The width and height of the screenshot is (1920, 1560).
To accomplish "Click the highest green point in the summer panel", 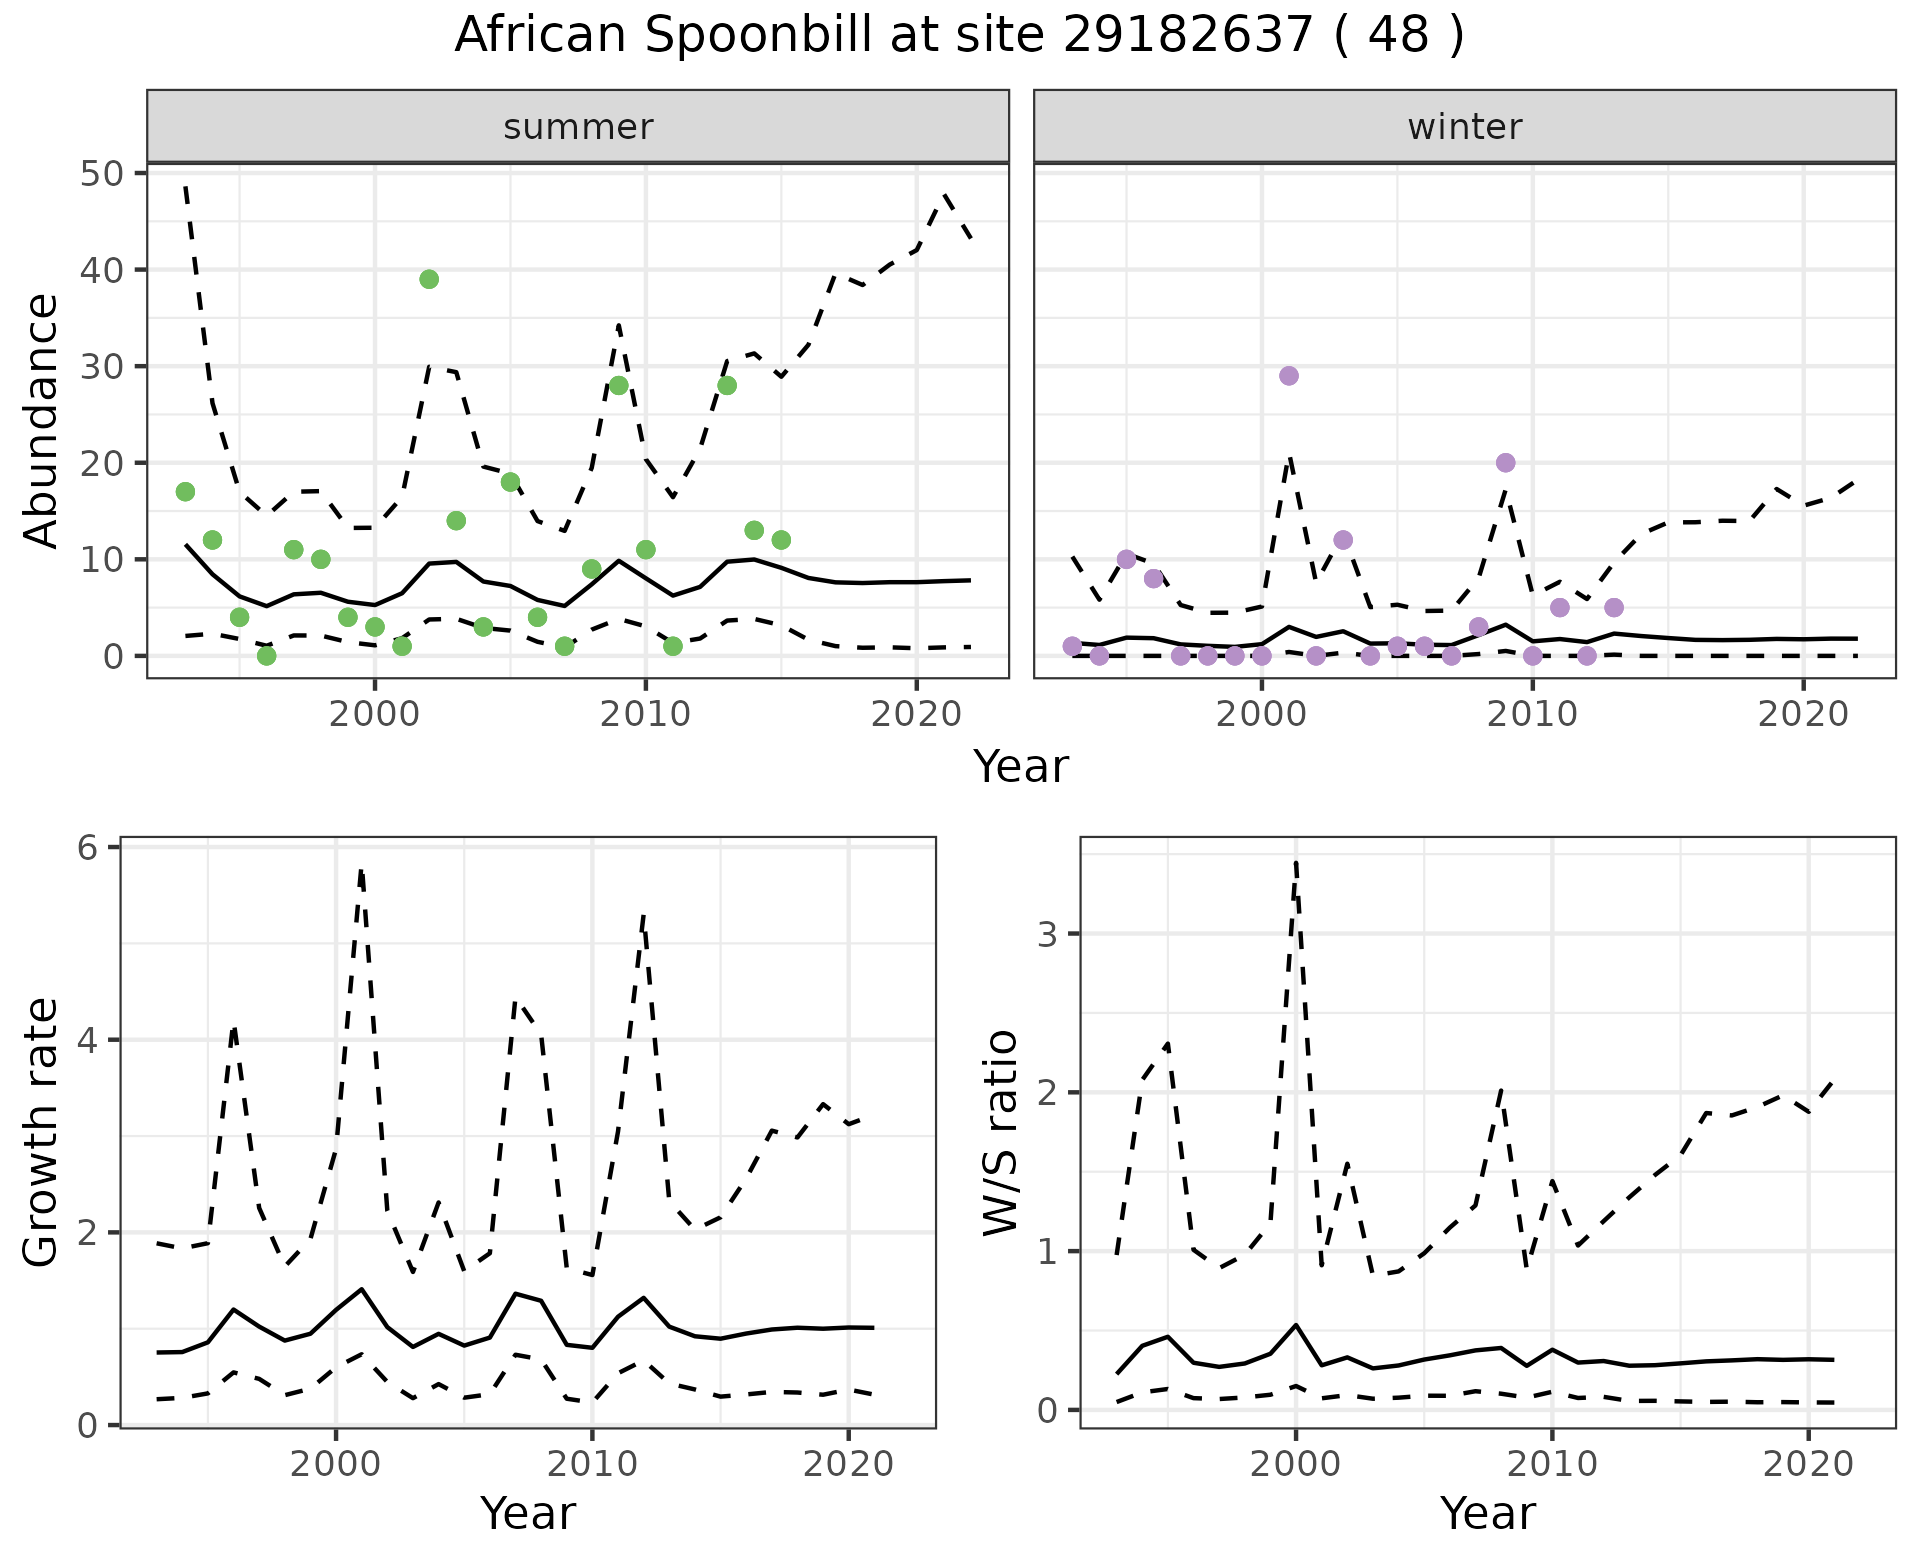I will pos(429,279).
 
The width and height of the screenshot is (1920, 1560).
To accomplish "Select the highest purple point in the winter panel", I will pos(1289,376).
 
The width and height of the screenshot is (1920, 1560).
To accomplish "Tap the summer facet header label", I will pos(578,127).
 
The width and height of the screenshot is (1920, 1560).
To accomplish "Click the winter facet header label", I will pos(1464,127).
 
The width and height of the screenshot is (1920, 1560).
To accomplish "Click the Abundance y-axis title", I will pos(42,420).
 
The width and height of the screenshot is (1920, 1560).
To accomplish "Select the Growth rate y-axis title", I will pos(42,1132).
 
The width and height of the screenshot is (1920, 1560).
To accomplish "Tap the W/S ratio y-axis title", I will pos(1001,1132).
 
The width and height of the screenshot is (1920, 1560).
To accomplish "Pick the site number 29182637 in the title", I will pos(1186,36).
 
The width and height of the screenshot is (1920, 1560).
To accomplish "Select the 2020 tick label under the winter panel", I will pos(1803,714).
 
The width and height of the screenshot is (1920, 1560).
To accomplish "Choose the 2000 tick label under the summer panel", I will pos(375,714).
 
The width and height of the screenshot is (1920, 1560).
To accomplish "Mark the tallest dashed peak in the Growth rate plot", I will pos(360,871).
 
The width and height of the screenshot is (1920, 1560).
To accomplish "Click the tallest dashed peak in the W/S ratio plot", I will pos(1296,861).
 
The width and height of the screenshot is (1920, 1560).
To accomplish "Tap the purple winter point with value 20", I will pos(1506,463).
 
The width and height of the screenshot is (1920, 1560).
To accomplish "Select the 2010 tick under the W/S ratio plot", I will pos(1552,1465).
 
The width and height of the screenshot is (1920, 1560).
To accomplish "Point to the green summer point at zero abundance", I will pos(266,656).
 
